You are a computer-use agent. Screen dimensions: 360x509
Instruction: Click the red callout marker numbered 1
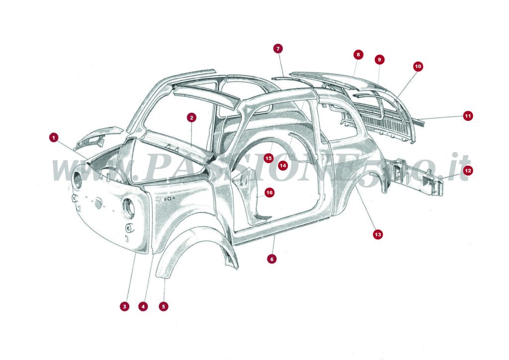[x=54, y=137]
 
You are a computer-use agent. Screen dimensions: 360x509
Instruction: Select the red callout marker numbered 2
[x=191, y=117]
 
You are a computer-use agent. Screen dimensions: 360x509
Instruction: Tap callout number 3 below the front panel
[x=124, y=306]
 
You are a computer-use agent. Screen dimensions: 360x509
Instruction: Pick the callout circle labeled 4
[x=143, y=306]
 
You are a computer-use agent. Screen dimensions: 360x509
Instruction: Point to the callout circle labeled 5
[x=164, y=306]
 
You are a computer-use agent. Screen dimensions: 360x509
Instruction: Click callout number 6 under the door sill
[x=271, y=259]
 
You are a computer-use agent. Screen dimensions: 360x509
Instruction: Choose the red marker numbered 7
[x=278, y=48]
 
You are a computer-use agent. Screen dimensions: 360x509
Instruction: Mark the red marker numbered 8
[x=358, y=54]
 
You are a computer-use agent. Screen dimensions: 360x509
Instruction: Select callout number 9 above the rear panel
[x=379, y=60]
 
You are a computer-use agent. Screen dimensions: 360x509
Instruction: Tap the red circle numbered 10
[x=418, y=66]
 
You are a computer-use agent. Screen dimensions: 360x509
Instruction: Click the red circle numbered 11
[x=468, y=116]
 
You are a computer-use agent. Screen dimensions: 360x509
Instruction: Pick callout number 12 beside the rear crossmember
[x=468, y=171]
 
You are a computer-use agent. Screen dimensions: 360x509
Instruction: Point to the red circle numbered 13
[x=378, y=234]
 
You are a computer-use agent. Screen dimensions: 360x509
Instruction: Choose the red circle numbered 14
[x=283, y=165]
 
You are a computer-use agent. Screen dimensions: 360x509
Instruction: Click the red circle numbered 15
[x=268, y=158]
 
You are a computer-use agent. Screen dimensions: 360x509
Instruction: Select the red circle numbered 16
[x=269, y=192]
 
